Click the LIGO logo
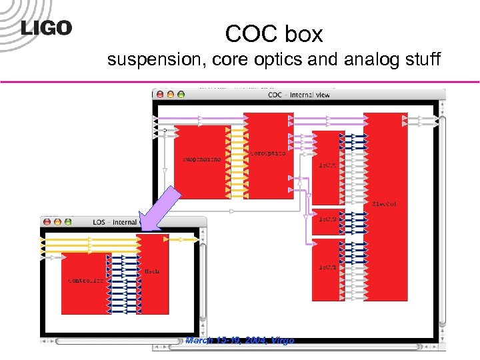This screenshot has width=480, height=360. pos(46,28)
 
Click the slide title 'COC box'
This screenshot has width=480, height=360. pos(273,33)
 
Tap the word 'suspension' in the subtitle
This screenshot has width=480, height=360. pos(157,61)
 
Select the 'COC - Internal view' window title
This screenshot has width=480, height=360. pos(299,95)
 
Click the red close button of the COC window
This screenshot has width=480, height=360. pos(161,95)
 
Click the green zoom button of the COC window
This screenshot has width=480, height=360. pos(181,95)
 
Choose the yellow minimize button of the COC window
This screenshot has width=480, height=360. pos(171,95)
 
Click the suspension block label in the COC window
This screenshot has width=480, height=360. pos(201,159)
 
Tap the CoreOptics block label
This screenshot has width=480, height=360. pos(268,153)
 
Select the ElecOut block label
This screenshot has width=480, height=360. pos(384,203)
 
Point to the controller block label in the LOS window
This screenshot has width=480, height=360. pos(86,281)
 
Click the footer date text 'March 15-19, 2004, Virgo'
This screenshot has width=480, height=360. pos(239,341)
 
